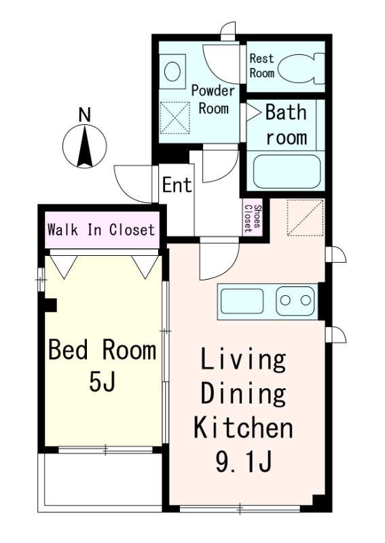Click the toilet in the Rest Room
[301, 69]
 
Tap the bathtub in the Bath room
[287, 172]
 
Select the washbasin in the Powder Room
[172, 71]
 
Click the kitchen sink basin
[242, 301]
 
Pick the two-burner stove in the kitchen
[295, 301]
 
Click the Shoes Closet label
[253, 218]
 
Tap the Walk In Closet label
[101, 229]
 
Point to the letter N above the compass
[84, 115]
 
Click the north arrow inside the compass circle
[85, 146]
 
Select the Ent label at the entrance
[177, 185]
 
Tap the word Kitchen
[243, 428]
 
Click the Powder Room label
[213, 100]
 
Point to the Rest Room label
[262, 65]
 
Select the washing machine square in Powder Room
[175, 117]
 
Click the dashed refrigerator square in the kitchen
[306, 218]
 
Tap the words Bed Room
[103, 350]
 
